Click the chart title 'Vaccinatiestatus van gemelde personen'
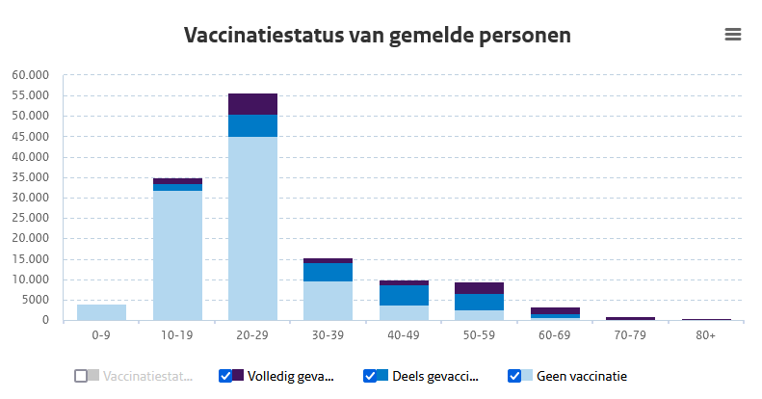(378, 36)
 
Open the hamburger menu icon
(733, 35)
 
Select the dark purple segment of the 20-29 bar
(252, 104)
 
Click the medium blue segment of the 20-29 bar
(252, 125)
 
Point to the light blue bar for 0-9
(102, 312)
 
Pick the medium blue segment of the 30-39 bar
(328, 272)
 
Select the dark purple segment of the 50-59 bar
(479, 288)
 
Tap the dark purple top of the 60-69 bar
(554, 310)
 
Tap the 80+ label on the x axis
(705, 334)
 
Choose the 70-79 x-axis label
(630, 334)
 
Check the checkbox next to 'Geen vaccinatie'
(513, 376)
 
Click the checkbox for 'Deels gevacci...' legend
(370, 376)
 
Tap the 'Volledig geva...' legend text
(290, 376)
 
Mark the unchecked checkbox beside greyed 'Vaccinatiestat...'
(81, 376)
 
